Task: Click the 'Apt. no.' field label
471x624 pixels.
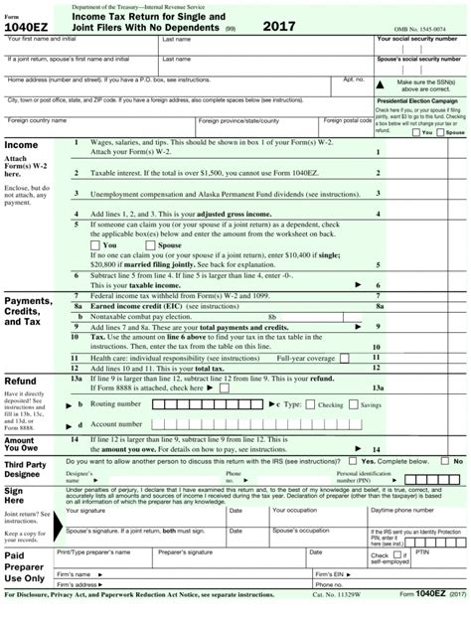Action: click(354, 78)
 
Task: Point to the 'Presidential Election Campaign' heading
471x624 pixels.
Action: click(416, 100)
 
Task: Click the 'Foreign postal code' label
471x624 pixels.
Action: click(347, 120)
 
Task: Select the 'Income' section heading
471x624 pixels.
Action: click(22, 144)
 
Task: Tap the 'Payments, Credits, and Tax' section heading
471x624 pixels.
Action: click(28, 311)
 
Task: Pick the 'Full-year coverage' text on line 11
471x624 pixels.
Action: click(307, 357)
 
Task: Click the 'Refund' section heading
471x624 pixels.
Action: click(21, 382)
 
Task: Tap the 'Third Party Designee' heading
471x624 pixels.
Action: click(26, 469)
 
